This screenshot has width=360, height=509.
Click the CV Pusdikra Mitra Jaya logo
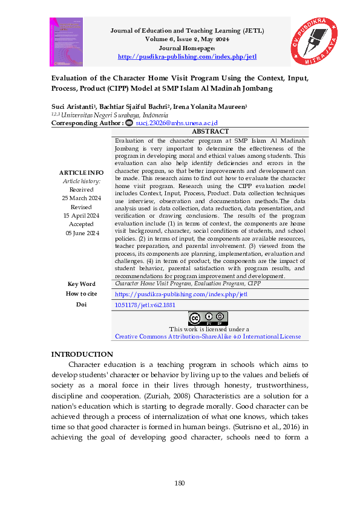tap(314, 40)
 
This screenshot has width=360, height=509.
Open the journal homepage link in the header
tap(187, 57)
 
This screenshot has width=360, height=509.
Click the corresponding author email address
tap(176, 123)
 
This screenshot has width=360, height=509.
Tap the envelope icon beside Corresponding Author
tap(129, 123)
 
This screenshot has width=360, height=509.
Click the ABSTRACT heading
tap(210, 132)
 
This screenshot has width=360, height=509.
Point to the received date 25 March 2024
tap(82, 198)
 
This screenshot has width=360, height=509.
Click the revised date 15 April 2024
tap(82, 215)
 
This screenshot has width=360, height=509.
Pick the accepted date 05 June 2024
tap(82, 233)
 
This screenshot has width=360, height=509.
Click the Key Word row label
tap(82, 284)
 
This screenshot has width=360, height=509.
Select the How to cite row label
tap(82, 294)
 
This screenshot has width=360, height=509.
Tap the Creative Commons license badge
tap(208, 318)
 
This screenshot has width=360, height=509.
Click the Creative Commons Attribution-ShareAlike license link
tap(208, 336)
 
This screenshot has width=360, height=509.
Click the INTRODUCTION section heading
tap(82, 354)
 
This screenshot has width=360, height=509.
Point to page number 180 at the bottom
tap(180, 482)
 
